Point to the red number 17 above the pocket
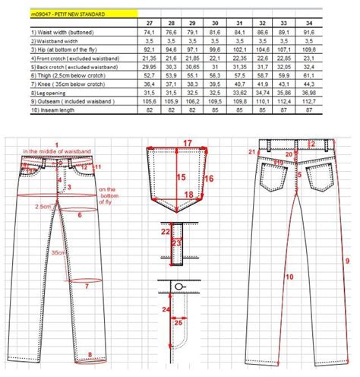point(187,143)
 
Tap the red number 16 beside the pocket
point(210,179)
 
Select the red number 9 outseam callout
point(346,261)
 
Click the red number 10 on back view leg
point(289,277)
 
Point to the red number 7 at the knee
point(87,286)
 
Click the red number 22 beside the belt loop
point(165,230)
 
